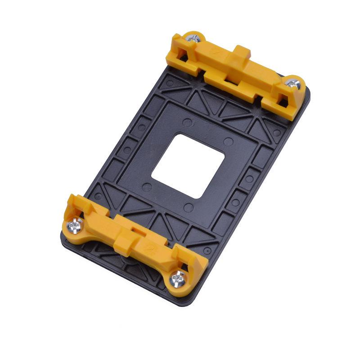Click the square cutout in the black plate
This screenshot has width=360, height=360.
[188, 166]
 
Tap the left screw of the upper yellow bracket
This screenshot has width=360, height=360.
[195, 39]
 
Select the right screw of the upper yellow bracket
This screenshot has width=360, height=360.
[293, 84]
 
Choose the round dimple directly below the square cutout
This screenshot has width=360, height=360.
[189, 207]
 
